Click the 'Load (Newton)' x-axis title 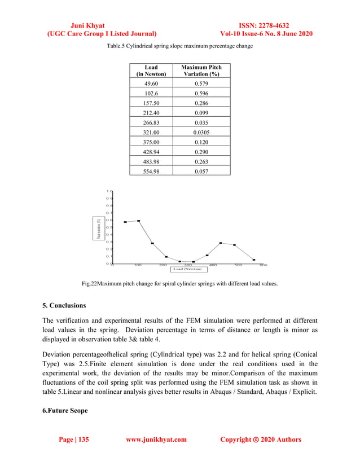(187, 269)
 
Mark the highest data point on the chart (138, 221)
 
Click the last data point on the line (254, 260)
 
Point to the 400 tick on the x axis (213, 265)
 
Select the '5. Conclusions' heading (64, 306)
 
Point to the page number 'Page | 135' (74, 439)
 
